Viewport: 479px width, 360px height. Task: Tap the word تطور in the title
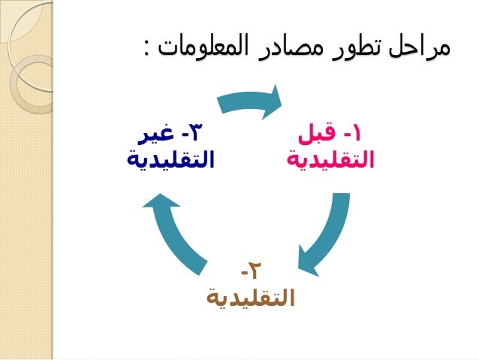363,49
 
